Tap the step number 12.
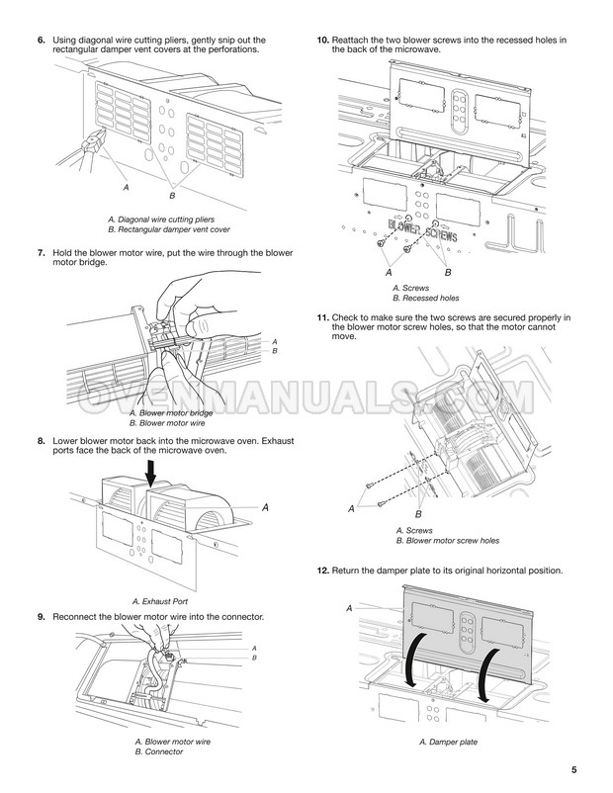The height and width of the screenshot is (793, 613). pyautogui.click(x=322, y=571)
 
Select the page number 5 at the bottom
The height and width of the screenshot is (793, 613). pyautogui.click(x=573, y=770)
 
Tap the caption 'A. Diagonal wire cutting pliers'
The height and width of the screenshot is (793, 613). pyautogui.click(x=160, y=218)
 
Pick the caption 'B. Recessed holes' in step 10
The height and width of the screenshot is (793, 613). pyautogui.click(x=425, y=298)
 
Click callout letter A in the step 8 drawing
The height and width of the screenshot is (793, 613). pyautogui.click(x=265, y=506)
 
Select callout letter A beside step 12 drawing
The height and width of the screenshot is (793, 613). pyautogui.click(x=349, y=608)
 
